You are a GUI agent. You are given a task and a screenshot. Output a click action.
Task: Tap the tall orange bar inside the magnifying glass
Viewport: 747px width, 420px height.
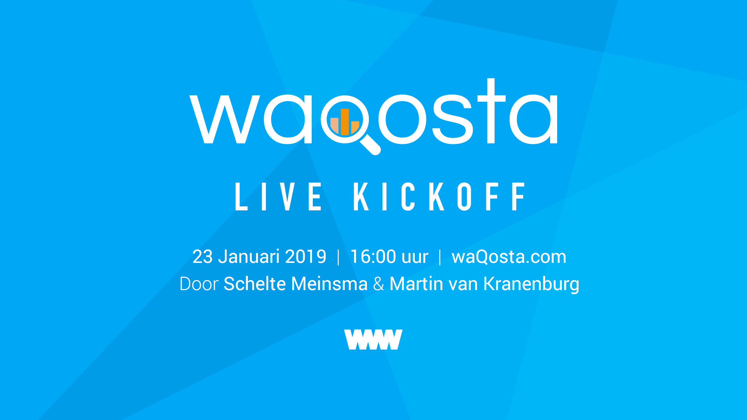coord(345,122)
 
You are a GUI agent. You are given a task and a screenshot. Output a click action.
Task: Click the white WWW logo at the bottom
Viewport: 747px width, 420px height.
coord(373,339)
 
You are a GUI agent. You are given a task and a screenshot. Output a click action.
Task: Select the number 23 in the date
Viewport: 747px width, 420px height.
coord(203,257)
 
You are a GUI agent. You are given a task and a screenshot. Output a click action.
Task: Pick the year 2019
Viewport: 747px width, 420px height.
coord(306,257)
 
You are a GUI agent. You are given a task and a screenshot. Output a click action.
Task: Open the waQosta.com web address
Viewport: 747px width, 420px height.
coord(509,257)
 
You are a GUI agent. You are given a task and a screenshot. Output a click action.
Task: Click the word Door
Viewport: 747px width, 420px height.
coord(199,284)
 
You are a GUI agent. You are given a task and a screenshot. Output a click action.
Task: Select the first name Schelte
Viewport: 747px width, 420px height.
coord(255,283)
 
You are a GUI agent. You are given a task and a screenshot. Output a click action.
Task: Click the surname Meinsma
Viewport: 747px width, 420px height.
coord(329,284)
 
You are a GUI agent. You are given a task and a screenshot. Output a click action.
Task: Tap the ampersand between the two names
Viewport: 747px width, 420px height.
coord(379,284)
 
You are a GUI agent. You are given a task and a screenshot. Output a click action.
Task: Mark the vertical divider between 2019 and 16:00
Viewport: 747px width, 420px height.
coord(338,257)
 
